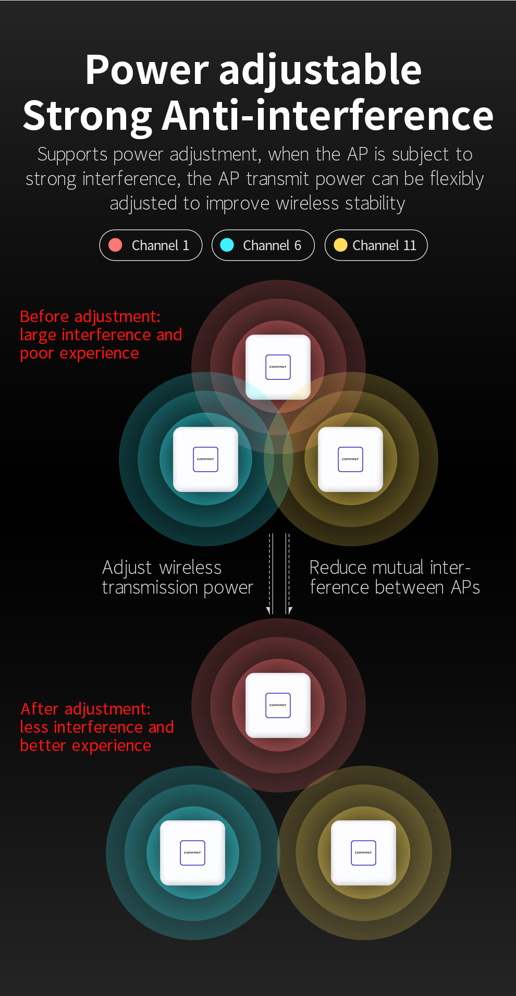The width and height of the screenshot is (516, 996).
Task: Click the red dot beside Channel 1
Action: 115,245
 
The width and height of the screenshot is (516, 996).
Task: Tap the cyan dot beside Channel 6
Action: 227,245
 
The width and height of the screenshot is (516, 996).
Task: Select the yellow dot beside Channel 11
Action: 340,245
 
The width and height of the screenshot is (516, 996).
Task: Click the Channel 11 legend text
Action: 384,245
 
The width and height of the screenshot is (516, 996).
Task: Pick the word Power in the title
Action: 147,70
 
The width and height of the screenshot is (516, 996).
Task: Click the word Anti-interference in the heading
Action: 328,116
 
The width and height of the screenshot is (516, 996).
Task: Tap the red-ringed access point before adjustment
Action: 278,367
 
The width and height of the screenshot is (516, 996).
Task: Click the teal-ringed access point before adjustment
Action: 205,459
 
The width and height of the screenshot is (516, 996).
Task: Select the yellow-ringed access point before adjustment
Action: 350,459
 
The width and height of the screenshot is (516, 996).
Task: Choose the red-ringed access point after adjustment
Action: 278,705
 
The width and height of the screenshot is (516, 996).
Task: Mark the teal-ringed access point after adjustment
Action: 192,853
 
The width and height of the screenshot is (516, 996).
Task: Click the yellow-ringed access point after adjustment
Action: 363,853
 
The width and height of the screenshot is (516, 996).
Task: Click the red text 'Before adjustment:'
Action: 90,317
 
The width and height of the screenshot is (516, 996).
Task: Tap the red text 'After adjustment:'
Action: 85,709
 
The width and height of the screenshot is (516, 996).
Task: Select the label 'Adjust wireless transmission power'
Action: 177,577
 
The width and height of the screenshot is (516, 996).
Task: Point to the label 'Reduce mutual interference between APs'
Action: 395,577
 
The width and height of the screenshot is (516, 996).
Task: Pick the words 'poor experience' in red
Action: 79,354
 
